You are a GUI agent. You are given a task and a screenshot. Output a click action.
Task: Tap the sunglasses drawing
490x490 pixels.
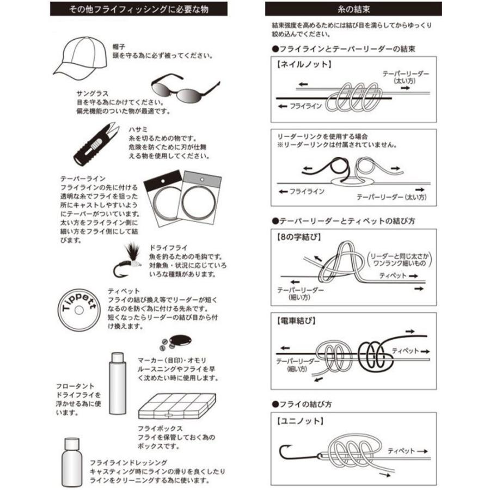point(183,88)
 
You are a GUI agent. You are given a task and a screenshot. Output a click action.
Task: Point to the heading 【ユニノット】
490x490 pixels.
point(299,421)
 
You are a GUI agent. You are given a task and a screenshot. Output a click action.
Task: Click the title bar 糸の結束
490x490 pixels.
point(353,9)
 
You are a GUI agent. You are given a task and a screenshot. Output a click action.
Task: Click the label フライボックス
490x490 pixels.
point(152,428)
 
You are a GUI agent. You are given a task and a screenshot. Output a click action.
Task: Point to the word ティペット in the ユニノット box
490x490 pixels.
point(401,451)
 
